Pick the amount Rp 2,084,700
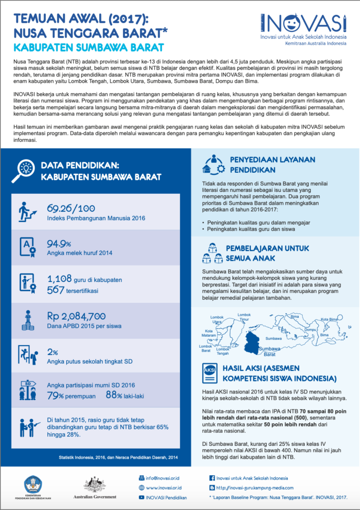(x=76, y=316)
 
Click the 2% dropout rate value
(x=52, y=351)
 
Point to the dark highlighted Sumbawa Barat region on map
(x=254, y=342)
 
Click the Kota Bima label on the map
(x=329, y=319)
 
